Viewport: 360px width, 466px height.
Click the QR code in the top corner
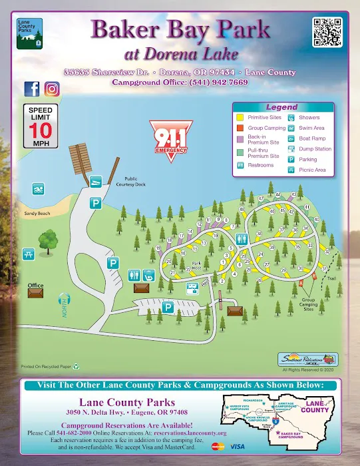point(326,32)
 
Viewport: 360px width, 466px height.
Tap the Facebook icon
point(31,89)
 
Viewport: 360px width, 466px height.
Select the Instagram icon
point(52,89)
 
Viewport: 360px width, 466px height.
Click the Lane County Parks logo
point(28,33)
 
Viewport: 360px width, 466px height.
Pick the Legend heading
point(281,107)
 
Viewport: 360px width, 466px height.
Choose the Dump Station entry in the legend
point(315,149)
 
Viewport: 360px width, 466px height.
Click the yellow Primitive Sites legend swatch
point(240,117)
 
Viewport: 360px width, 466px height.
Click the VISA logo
point(237,446)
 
